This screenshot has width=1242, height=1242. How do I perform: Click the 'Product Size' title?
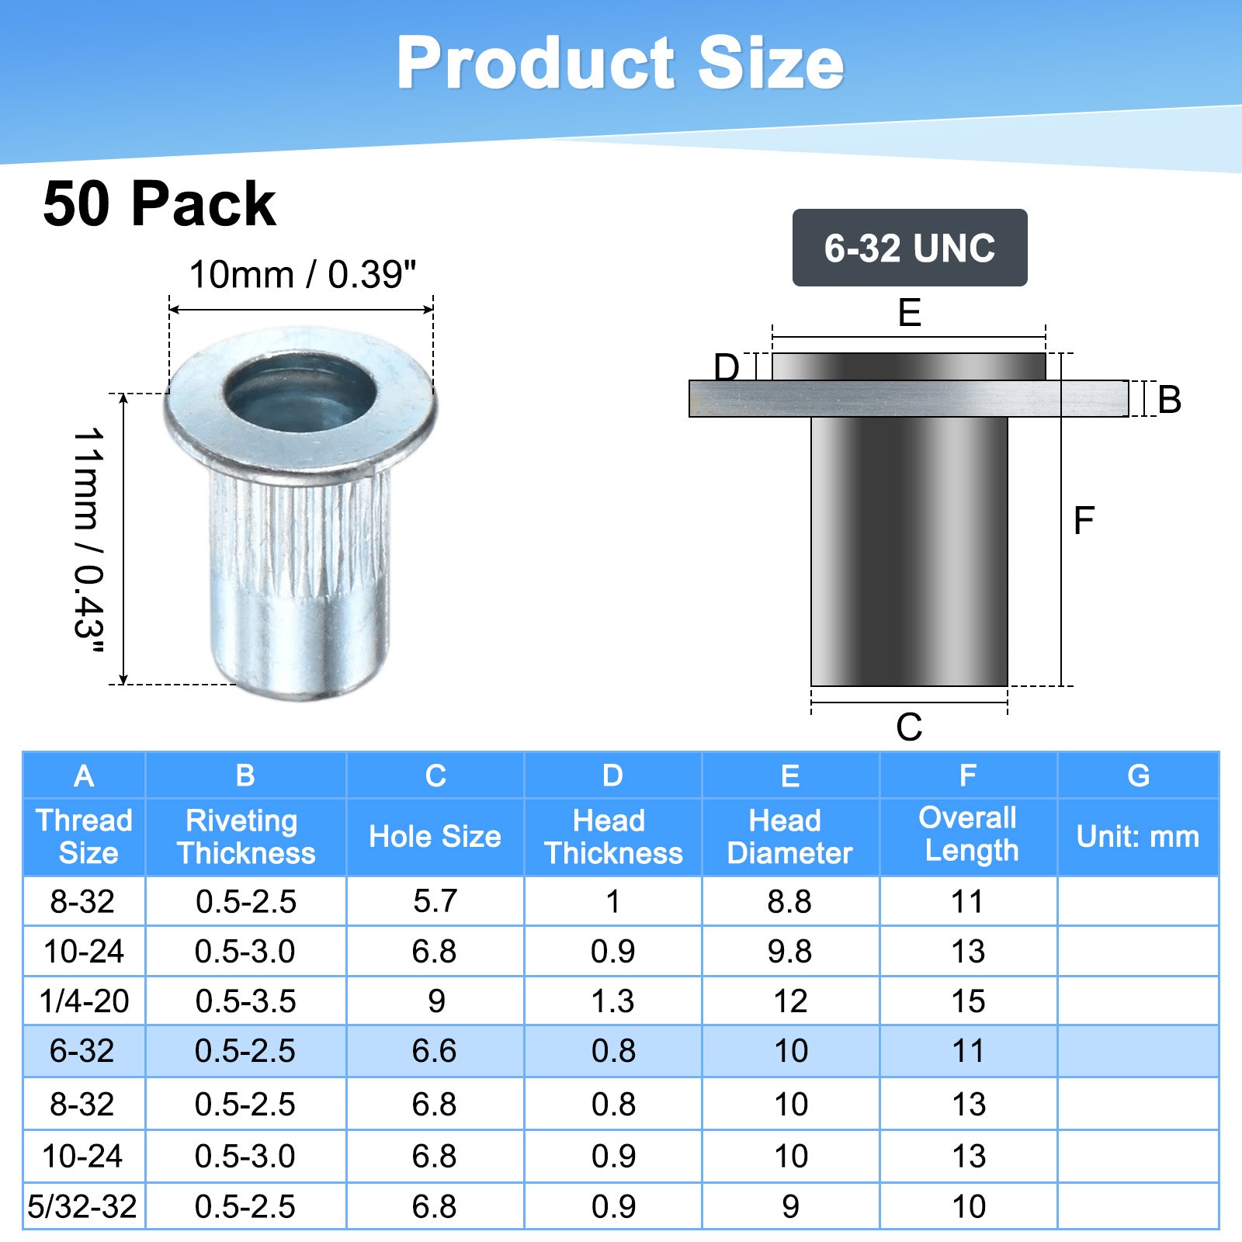coord(620,64)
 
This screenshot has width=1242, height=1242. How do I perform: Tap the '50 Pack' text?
coord(159,204)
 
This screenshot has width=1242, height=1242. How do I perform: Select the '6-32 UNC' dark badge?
coord(910,248)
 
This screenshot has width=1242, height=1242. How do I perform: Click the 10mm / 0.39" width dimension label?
coord(303,274)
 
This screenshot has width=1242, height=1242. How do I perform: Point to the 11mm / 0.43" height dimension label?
coord(88,540)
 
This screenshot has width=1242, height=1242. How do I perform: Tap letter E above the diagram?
coord(909,313)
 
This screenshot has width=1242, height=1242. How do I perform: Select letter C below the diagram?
coord(909,727)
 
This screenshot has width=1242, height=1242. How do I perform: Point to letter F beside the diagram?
coord(1084,520)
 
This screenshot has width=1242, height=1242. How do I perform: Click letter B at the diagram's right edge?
coord(1169,400)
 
